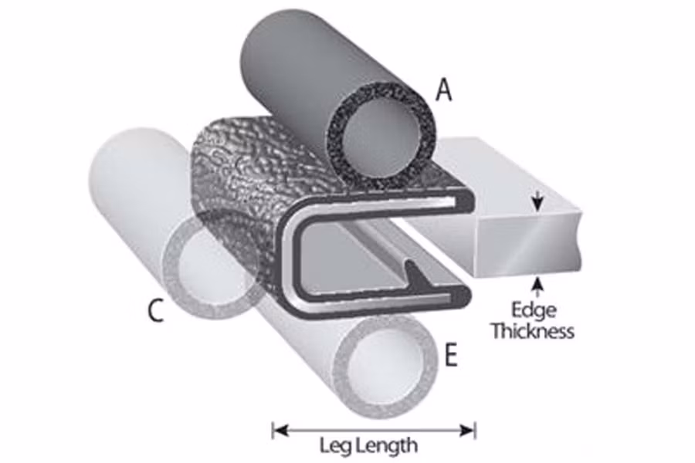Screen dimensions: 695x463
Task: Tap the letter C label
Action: (155, 310)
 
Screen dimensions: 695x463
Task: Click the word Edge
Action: (533, 309)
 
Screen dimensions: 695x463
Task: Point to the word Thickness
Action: (533, 331)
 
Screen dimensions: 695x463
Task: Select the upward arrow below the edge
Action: (538, 286)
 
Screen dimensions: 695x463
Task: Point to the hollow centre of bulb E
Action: (384, 363)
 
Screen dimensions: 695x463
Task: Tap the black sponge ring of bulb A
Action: (381, 132)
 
